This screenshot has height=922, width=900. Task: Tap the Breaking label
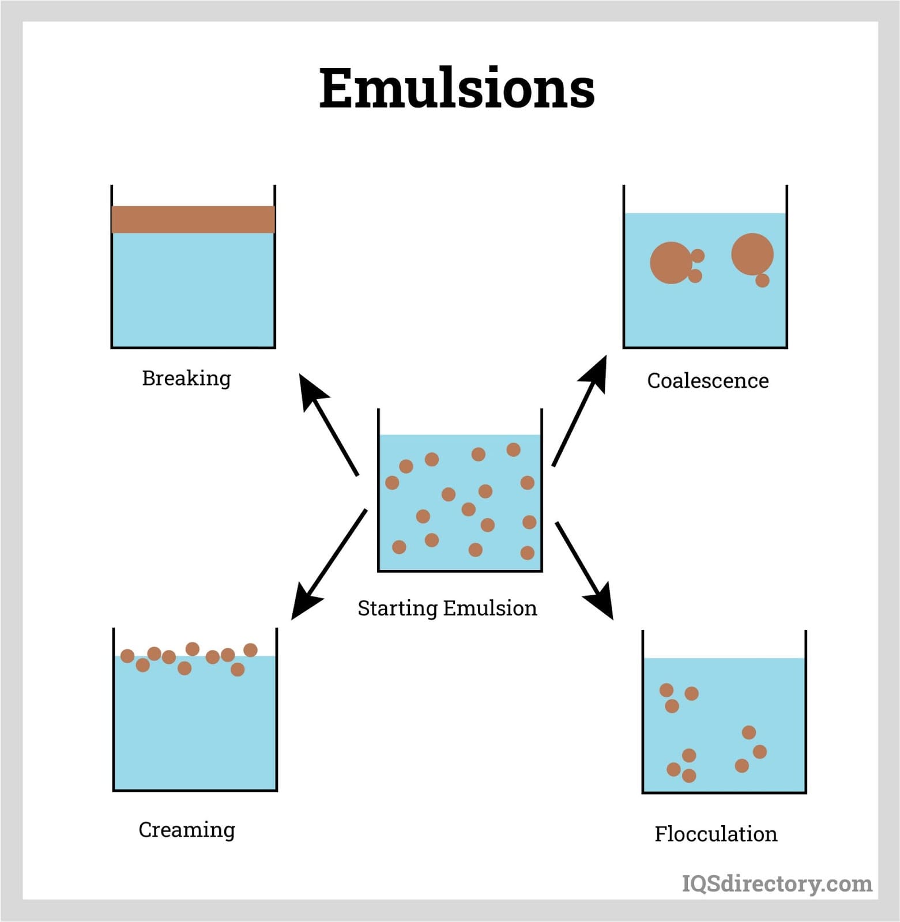coord(186,379)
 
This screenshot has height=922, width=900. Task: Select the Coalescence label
coord(707,381)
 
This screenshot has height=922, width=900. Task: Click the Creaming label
coord(187,830)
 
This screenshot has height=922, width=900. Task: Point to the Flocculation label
coord(716,834)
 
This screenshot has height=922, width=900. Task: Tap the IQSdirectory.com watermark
coord(777,883)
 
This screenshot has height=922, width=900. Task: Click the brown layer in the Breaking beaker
coord(193,220)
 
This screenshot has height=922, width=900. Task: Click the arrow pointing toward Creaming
coord(328,565)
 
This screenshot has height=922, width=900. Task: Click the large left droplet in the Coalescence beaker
coord(671,263)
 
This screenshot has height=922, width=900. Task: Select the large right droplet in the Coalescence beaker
coord(752,254)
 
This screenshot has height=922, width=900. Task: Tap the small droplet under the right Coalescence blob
coord(762,280)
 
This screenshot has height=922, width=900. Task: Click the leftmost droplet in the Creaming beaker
coord(127,656)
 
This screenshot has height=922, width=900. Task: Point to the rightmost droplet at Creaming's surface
coord(250,650)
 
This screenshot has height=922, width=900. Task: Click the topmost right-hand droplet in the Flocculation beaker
coord(748,732)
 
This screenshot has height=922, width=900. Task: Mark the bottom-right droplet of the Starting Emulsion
coord(527,553)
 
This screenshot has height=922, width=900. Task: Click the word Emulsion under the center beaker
coord(490,609)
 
